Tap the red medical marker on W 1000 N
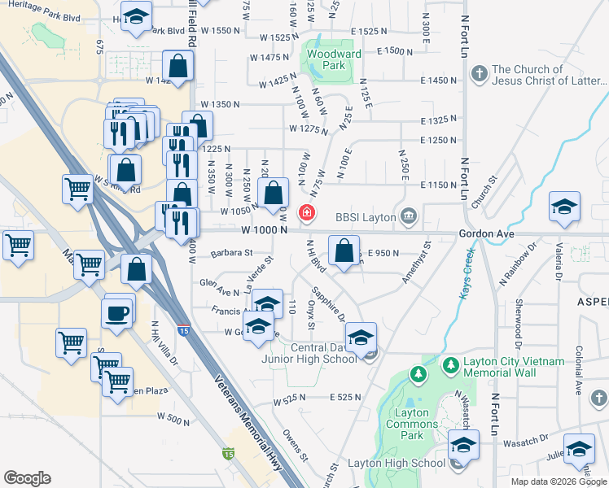click(x=307, y=213)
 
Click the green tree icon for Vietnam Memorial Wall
click(x=418, y=373)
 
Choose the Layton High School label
click(x=397, y=464)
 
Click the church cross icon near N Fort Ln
click(x=479, y=75)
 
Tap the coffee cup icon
click(x=118, y=313)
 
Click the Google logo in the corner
click(x=27, y=478)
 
